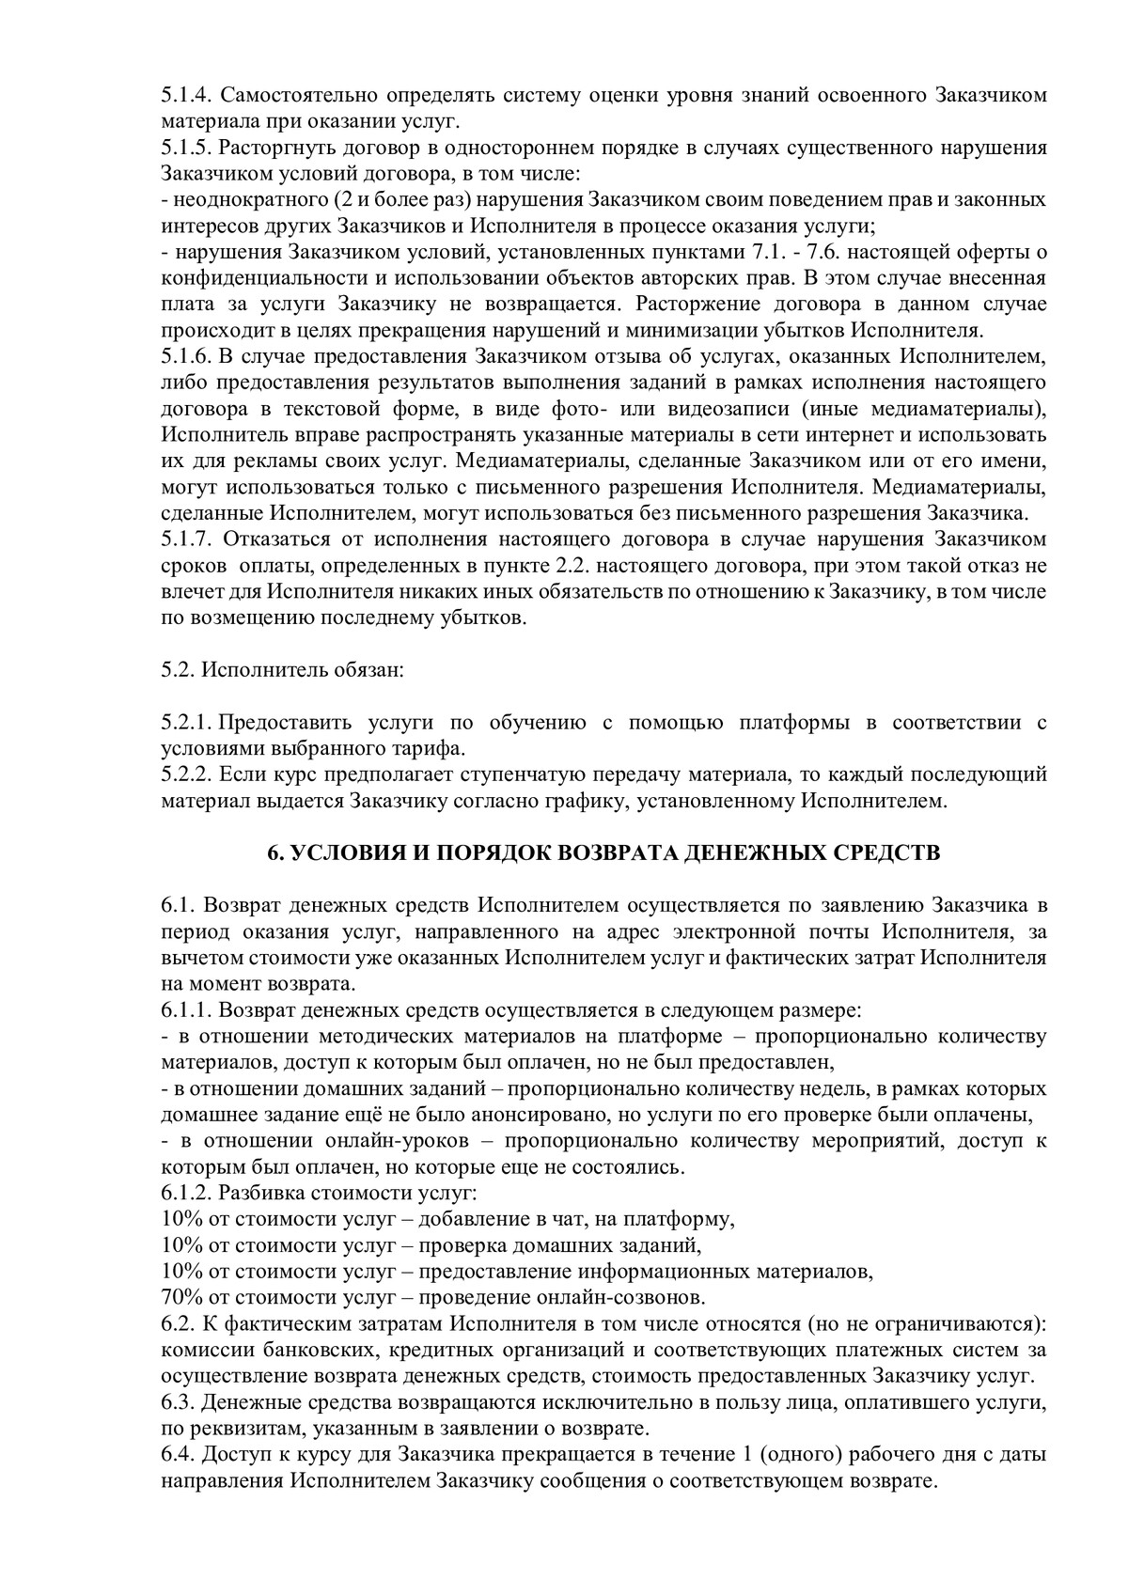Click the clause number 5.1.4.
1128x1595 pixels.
click(x=186, y=96)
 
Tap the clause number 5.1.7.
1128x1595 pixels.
click(x=186, y=540)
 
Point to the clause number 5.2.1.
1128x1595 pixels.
click(x=186, y=724)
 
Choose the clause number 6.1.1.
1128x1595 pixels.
click(x=186, y=1011)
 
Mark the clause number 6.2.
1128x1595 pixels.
click(x=178, y=1324)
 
